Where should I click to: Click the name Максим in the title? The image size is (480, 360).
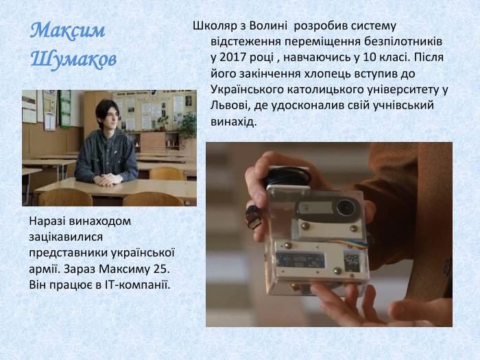point(68,31)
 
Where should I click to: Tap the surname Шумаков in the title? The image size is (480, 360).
point(73,59)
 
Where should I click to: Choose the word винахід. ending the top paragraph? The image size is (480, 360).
point(233,121)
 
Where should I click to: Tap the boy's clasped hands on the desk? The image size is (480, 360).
point(108,179)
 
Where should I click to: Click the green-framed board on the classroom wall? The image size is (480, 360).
point(64,108)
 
